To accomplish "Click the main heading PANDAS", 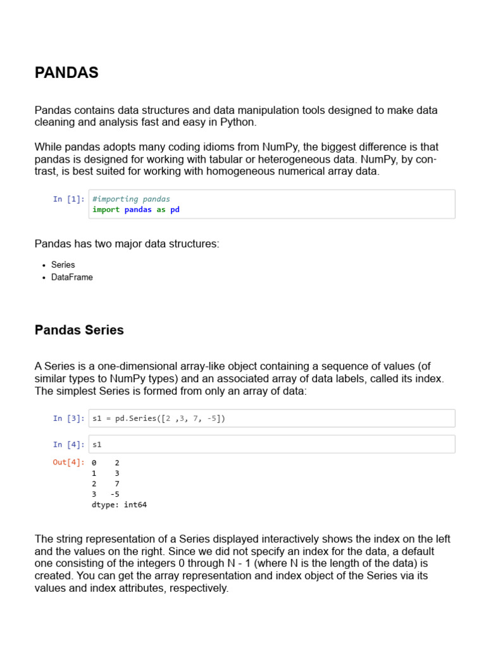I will [x=66, y=73].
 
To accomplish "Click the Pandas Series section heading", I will [x=79, y=330].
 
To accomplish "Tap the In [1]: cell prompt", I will [x=68, y=199].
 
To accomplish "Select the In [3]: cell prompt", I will [x=68, y=418].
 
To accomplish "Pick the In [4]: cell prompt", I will [x=68, y=444].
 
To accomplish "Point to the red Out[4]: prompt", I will [x=68, y=463].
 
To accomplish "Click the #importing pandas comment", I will [x=131, y=199].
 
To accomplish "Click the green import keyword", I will [x=106, y=209].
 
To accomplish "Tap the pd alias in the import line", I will [x=175, y=209].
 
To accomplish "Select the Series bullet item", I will [x=63, y=265].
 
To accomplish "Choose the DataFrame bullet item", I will [x=72, y=277].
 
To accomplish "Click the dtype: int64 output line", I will [x=119, y=505].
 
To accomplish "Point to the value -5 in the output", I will [x=115, y=494].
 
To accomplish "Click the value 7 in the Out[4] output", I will [x=117, y=483].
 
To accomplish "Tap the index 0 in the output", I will [x=94, y=463].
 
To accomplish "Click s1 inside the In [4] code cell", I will [x=97, y=444].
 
